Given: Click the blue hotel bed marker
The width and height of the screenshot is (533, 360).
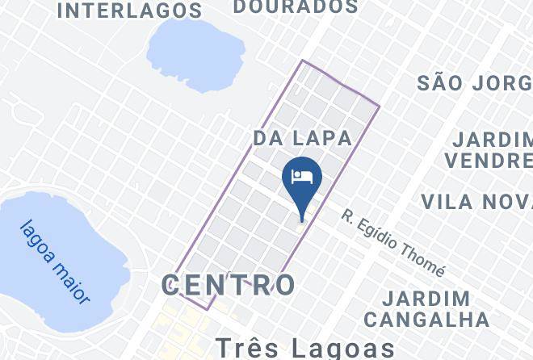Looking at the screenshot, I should pos(302,180).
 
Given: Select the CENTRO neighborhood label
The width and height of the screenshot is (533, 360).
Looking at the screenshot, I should pos(229,285).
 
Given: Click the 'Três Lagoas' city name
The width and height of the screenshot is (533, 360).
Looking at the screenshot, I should pos(304,348).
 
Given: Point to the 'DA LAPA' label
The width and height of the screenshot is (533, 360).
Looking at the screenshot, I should pos(303,138).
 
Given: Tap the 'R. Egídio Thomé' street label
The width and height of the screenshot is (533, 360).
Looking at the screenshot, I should pos(392,242).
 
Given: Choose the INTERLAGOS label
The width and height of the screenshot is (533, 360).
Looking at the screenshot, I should pos(130,10).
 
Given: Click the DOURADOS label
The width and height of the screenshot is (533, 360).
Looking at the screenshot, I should pos(296,7).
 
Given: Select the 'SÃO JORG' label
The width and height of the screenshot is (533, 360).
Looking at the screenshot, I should pos(475,82).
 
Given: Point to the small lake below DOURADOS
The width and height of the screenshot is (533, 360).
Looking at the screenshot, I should pos(195,55).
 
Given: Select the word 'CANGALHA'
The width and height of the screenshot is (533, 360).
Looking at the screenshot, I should pos(436,319).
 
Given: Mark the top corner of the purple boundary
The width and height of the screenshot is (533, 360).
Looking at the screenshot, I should pos(303,61).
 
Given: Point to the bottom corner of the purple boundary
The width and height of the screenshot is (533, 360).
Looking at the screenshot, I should pos(208,309).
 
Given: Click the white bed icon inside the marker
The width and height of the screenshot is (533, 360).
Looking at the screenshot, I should pos(302,177).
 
